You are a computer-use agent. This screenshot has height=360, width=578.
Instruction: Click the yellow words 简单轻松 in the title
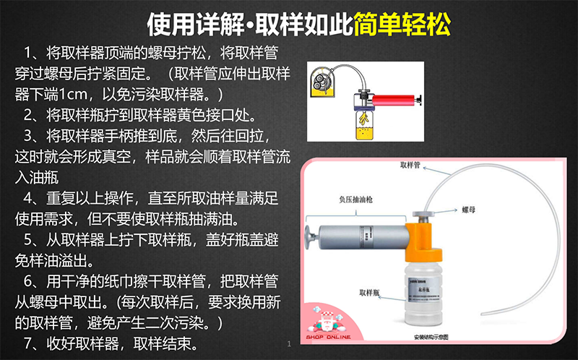pos(402,25)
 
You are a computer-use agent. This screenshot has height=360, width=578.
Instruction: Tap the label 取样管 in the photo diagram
pos(410,165)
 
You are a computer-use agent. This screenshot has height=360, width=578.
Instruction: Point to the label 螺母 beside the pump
pos(469,210)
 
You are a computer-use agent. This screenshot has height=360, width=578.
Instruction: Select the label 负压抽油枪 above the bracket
pos(355,200)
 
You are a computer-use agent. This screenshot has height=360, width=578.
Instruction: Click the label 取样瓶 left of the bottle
pos(369,293)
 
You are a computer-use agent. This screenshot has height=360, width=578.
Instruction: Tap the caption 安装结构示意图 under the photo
pos(431,337)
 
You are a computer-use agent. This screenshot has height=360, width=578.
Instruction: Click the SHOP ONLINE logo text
pos(328,337)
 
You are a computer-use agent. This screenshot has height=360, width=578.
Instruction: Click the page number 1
pos(289,344)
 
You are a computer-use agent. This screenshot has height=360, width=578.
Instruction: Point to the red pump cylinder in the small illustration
pos(393,100)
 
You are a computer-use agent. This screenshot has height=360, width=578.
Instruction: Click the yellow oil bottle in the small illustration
pos(364,126)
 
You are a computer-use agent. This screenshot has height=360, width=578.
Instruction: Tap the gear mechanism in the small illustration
pos(320,81)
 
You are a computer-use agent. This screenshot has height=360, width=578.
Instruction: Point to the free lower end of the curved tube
pos(483,314)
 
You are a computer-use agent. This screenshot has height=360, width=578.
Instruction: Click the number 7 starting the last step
pos(28,343)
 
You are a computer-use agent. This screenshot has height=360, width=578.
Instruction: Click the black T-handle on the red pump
pos(419,100)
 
